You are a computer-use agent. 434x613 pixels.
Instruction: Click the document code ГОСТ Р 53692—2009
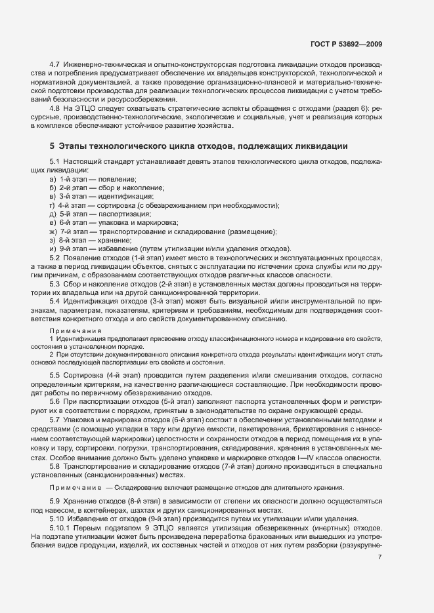[346, 44]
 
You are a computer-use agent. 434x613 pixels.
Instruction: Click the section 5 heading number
[52, 145]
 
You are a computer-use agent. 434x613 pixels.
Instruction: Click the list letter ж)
[53, 231]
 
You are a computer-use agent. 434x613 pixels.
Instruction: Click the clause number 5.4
[55, 301]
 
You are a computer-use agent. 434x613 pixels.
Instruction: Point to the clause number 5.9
[55, 501]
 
